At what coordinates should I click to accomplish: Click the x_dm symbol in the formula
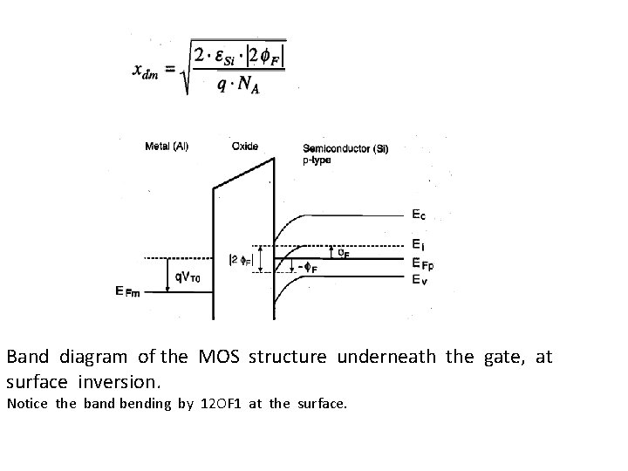tap(146, 71)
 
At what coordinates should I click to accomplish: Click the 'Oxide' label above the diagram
tap(245, 146)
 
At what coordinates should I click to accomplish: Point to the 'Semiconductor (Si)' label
tap(345, 149)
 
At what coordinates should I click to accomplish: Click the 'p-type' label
tap(317, 160)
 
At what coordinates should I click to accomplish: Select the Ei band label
tap(418, 245)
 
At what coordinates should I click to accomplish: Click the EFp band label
tap(422, 262)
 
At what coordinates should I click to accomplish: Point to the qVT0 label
tap(190, 278)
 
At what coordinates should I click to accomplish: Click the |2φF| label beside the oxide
tap(239, 258)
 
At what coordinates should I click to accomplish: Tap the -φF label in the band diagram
tap(306, 269)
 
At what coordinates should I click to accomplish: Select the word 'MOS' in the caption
tap(222, 358)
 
